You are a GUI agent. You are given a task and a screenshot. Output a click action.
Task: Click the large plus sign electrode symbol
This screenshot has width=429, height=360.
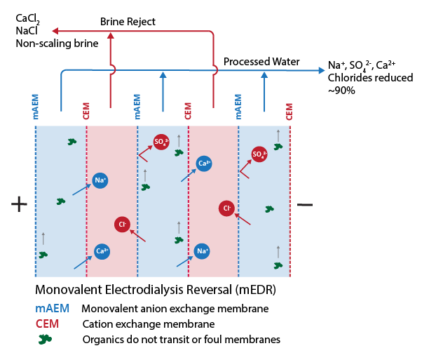pyautogui.click(x=19, y=204)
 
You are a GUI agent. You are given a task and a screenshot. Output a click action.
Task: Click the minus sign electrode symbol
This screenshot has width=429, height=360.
pyautogui.click(x=305, y=204)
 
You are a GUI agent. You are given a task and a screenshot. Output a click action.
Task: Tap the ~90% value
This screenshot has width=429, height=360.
pyautogui.click(x=341, y=91)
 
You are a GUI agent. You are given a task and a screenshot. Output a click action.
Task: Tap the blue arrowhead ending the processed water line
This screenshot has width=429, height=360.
pyautogui.click(x=321, y=69)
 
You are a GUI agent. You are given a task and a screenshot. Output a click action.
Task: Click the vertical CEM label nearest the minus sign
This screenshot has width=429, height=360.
pyautogui.click(x=289, y=109)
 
